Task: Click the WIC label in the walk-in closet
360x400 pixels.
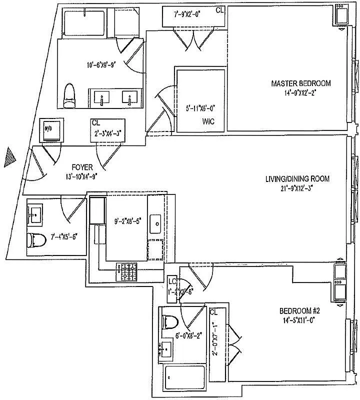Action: pos(208,121)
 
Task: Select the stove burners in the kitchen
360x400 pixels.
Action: pos(127,271)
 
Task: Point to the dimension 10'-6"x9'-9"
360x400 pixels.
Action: pos(101,65)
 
